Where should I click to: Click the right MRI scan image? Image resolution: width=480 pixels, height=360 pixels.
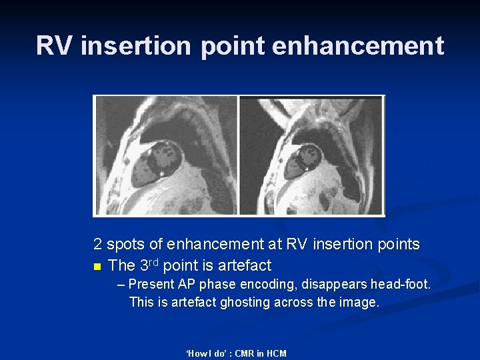311,155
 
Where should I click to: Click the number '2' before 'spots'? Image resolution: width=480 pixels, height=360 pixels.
98,245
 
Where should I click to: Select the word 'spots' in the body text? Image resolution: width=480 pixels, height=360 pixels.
125,245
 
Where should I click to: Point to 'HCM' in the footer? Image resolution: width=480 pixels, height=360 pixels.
275,353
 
